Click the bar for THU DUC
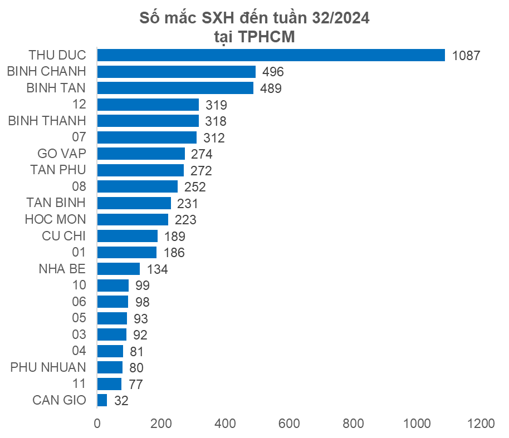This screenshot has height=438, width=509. [x=271, y=55]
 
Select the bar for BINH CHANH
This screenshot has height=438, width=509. [x=177, y=72]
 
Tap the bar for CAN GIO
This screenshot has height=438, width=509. [x=102, y=400]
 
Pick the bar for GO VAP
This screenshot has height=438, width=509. [x=141, y=154]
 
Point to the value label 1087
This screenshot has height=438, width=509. [x=466, y=56]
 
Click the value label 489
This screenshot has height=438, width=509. [x=271, y=88]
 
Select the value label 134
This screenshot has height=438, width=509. [x=157, y=269]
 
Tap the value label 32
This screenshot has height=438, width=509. [x=121, y=401]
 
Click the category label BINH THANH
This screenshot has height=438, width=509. [x=47, y=121]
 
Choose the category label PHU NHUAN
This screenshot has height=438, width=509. [x=48, y=367]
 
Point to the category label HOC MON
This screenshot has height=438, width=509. [x=56, y=219]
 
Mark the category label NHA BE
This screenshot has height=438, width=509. [x=62, y=269]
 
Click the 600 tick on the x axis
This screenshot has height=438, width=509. [x=290, y=423]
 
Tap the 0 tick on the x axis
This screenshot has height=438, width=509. [x=97, y=423]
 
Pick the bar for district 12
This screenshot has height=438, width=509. [x=148, y=105]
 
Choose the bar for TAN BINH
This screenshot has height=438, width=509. [x=134, y=203]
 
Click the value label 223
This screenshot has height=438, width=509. [x=185, y=220]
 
